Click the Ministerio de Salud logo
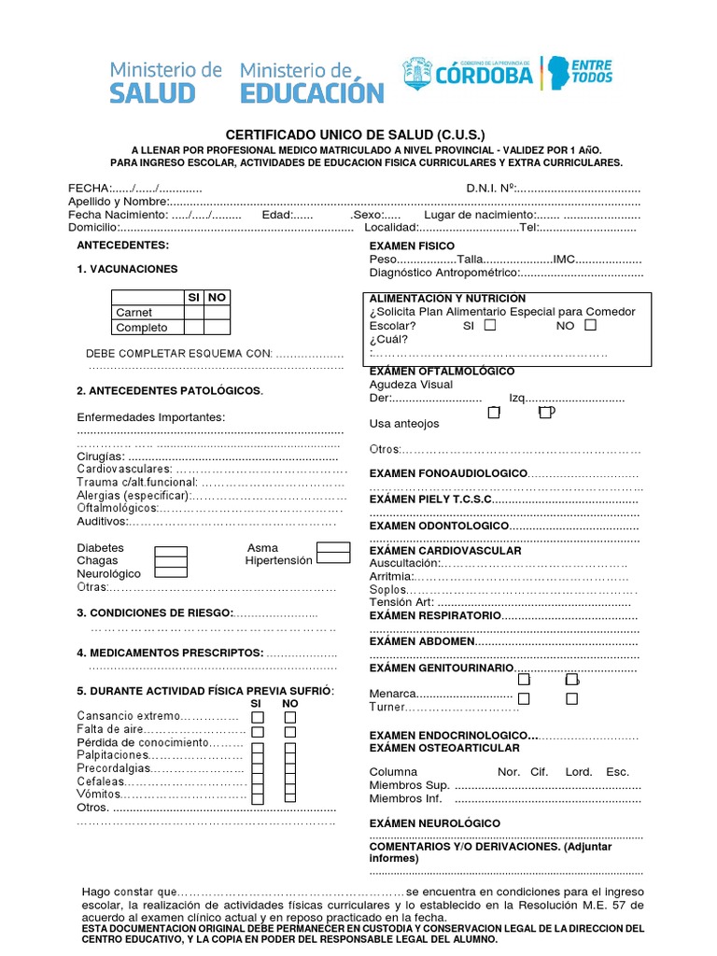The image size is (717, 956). [166, 81]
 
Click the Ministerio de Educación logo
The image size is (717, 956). [312, 81]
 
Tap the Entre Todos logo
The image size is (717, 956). [591, 72]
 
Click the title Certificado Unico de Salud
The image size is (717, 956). [356, 134]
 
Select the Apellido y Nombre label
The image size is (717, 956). [118, 202]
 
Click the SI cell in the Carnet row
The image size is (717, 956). [193, 312]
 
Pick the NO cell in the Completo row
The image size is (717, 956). [217, 328]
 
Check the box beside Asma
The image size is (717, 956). [333, 548]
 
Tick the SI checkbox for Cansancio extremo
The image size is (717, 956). [258, 717]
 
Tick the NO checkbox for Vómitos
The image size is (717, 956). [290, 794]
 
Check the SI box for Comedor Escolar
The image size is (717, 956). [491, 326]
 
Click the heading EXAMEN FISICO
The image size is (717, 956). [412, 245]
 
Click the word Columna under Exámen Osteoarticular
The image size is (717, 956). [393, 772]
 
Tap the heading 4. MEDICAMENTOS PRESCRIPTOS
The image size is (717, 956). [170, 653]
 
